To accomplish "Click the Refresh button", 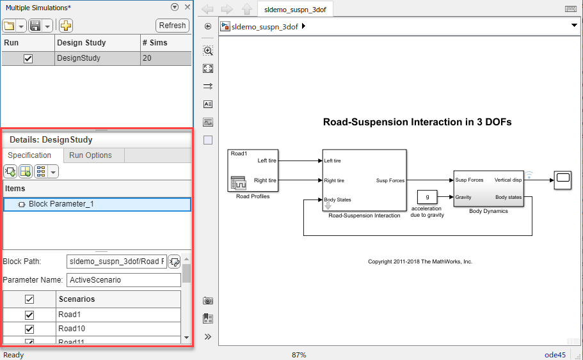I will tap(172, 26).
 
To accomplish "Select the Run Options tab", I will tap(90, 155).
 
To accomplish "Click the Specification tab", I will tap(29, 155).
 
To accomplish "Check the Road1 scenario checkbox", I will tap(29, 315).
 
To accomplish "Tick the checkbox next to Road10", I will tap(29, 329).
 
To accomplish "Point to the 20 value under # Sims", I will tap(148, 58).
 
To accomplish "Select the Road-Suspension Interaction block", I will tap(363, 180).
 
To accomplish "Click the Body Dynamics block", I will tap(488, 189).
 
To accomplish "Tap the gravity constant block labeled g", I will tap(427, 197).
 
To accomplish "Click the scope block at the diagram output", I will tap(563, 178).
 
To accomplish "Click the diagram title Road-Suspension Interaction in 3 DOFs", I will tap(417, 121).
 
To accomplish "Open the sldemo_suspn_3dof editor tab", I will tap(294, 9).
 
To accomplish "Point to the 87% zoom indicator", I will tap(299, 355).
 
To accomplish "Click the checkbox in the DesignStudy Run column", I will tap(28, 58).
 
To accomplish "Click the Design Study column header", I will tap(81, 43).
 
